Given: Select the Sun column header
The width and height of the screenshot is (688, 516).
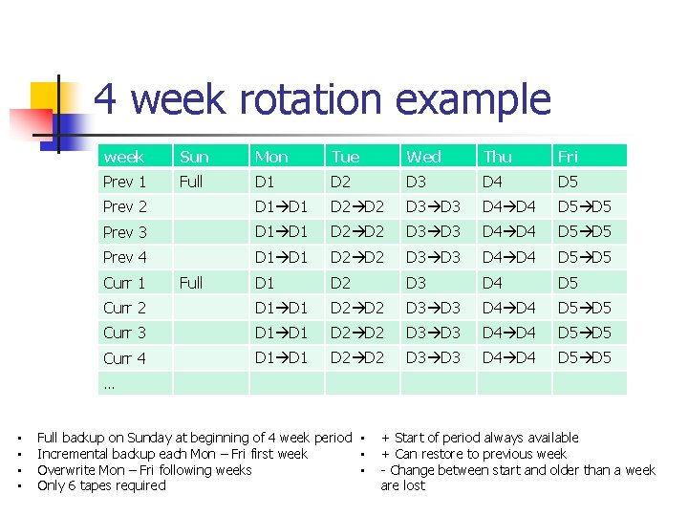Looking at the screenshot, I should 194,157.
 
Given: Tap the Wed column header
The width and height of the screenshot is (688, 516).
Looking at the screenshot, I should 423,157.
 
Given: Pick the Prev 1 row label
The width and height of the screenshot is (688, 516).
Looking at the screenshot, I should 124,182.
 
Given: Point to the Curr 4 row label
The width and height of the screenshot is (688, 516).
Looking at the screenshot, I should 124,358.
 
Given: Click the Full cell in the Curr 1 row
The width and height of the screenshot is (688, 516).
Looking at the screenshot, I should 191,283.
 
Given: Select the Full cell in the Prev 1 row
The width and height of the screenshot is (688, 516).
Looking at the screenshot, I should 191,182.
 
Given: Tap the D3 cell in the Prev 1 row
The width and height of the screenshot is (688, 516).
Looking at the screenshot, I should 417,182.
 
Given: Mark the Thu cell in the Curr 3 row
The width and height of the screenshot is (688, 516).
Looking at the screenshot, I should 509,333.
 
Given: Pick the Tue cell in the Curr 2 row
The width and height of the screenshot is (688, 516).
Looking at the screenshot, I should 357,308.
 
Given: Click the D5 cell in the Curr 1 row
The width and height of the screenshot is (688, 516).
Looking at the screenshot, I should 568,283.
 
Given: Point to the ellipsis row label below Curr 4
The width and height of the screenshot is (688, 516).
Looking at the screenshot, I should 109,384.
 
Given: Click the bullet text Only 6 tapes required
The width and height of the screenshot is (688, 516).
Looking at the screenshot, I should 101,485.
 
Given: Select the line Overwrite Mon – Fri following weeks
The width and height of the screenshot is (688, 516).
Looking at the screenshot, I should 144,470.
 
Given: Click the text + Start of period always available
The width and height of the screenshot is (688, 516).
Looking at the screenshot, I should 480,438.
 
